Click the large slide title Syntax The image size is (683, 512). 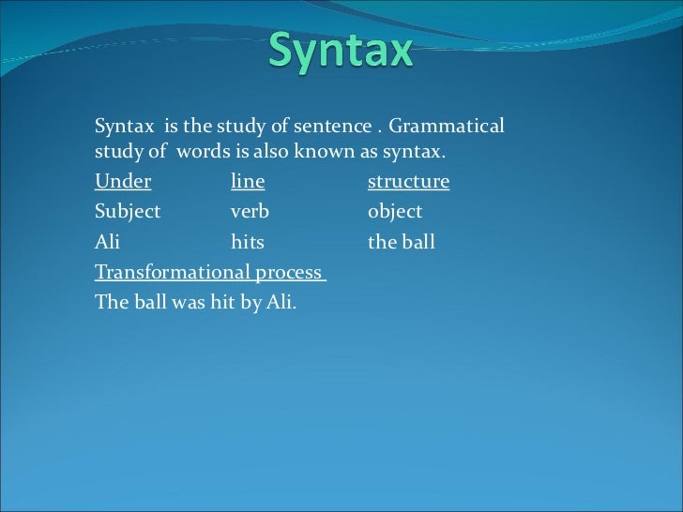(x=341, y=51)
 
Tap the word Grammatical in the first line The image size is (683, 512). (x=447, y=127)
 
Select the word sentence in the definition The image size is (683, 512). (x=337, y=127)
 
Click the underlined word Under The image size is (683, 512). (x=123, y=181)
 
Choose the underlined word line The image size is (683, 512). (x=248, y=181)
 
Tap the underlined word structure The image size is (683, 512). (x=408, y=181)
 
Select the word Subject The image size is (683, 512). (x=128, y=212)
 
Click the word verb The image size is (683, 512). (x=250, y=212)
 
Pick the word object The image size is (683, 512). (x=395, y=212)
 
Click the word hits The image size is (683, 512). (x=248, y=243)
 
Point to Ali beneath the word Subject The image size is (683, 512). (x=108, y=243)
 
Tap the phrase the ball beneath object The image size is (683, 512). (x=402, y=243)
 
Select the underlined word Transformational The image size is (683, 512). (x=172, y=273)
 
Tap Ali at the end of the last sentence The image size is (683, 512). (x=280, y=304)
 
